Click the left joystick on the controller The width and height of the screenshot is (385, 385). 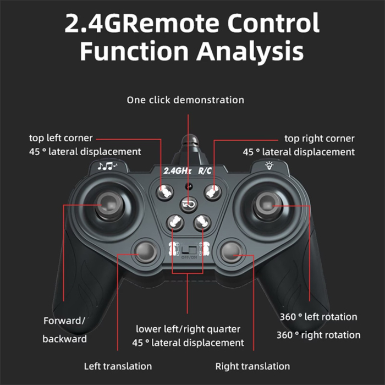pos(108,205)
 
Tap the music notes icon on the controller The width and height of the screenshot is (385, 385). pos(107,166)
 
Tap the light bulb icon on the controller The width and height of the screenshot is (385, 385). pos(269,166)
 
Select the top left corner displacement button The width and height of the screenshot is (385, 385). pos(164,192)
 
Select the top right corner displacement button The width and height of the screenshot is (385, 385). pos(213,192)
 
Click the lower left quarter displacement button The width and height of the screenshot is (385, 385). pos(175,222)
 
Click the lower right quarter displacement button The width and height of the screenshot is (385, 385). pos(202,222)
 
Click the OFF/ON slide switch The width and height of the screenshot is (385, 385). pos(189,250)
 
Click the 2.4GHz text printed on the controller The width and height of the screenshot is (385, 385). pos(177,170)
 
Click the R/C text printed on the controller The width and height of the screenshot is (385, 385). pos(205,170)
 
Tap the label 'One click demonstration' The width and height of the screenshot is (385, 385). pos(185,100)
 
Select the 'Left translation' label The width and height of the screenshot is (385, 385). pos(118,366)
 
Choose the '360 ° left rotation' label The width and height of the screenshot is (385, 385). pos(318,317)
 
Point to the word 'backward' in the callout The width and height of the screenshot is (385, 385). pos(64,339)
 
